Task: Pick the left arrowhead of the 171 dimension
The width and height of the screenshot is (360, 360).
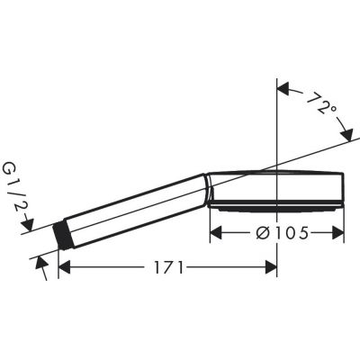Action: pyautogui.click(x=63, y=267)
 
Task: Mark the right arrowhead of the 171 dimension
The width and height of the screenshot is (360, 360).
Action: pyautogui.click(x=271, y=267)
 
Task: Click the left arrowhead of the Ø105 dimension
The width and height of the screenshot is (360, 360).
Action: pyautogui.click(x=216, y=233)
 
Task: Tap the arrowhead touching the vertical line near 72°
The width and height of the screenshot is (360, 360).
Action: pyautogui.click(x=282, y=89)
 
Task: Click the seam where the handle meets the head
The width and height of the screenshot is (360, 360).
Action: pyautogui.click(x=210, y=187)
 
